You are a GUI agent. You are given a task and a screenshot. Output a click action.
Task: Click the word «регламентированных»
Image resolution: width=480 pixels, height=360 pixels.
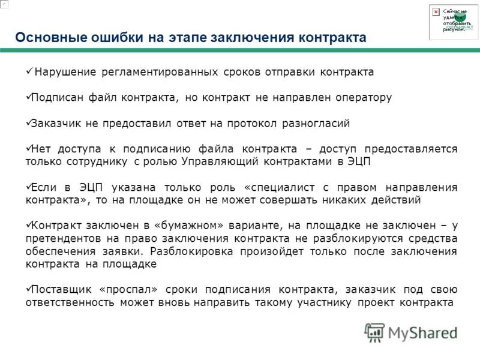pyautogui.click(x=155, y=72)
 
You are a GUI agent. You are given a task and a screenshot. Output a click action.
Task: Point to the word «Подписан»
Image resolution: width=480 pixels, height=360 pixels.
pyautogui.click(x=56, y=97)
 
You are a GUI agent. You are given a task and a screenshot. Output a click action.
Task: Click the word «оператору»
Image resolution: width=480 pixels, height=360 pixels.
pyautogui.click(x=361, y=97)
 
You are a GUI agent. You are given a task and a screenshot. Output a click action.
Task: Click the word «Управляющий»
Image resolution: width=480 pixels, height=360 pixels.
pyautogui.click(x=223, y=161)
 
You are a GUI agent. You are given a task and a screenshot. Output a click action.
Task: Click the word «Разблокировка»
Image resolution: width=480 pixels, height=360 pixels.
pyautogui.click(x=192, y=251)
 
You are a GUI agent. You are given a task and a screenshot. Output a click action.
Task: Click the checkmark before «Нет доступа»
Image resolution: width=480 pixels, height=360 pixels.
pyautogui.click(x=28, y=148)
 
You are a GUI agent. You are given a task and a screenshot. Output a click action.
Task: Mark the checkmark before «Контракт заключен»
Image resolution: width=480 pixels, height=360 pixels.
pyautogui.click(x=28, y=225)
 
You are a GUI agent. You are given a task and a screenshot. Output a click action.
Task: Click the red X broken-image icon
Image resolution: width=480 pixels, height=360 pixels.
pyautogui.click(x=436, y=12)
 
